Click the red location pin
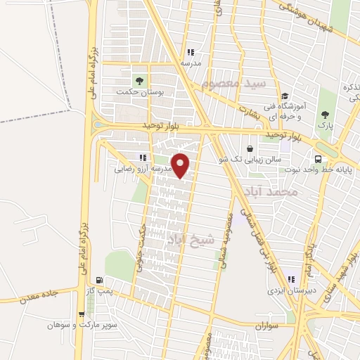pyautogui.click(x=181, y=165)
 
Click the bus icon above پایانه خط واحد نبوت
pyautogui.click(x=318, y=159)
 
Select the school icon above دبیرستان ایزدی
pyautogui.click(x=291, y=280)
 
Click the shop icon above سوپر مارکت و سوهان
pyautogui.click(x=82, y=315)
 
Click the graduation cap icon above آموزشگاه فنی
pyautogui.click(x=284, y=97)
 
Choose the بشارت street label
pyautogui.click(x=250, y=111)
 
